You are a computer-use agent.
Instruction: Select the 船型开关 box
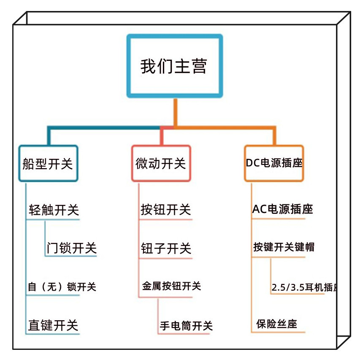point(48,164)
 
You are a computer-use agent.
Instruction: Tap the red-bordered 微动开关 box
point(161,164)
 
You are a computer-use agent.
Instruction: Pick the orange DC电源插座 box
point(274,163)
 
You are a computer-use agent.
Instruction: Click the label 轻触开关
point(54,210)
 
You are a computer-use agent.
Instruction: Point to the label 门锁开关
point(72,248)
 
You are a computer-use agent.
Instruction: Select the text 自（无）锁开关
point(62,287)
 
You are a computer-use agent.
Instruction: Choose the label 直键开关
point(53,325)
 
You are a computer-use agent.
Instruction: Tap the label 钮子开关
point(166,248)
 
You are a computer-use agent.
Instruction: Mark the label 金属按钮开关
point(171,286)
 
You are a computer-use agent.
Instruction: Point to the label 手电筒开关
point(186,326)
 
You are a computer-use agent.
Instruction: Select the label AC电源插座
point(282,209)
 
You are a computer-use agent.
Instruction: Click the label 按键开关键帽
point(284,247)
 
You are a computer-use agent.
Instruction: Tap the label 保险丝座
point(276,324)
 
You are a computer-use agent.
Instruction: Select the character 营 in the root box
point(198,66)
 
